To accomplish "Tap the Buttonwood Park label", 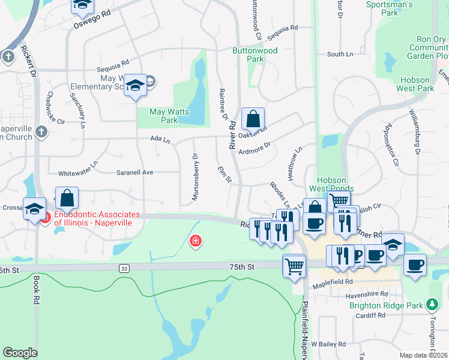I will (x=255, y=55).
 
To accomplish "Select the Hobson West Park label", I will (x=415, y=84).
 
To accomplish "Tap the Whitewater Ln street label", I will (x=77, y=164).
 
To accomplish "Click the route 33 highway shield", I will (x=124, y=268).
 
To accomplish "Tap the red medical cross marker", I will (x=195, y=242).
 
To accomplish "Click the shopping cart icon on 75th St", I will (x=294, y=265).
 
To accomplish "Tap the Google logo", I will (x=20, y=353).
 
